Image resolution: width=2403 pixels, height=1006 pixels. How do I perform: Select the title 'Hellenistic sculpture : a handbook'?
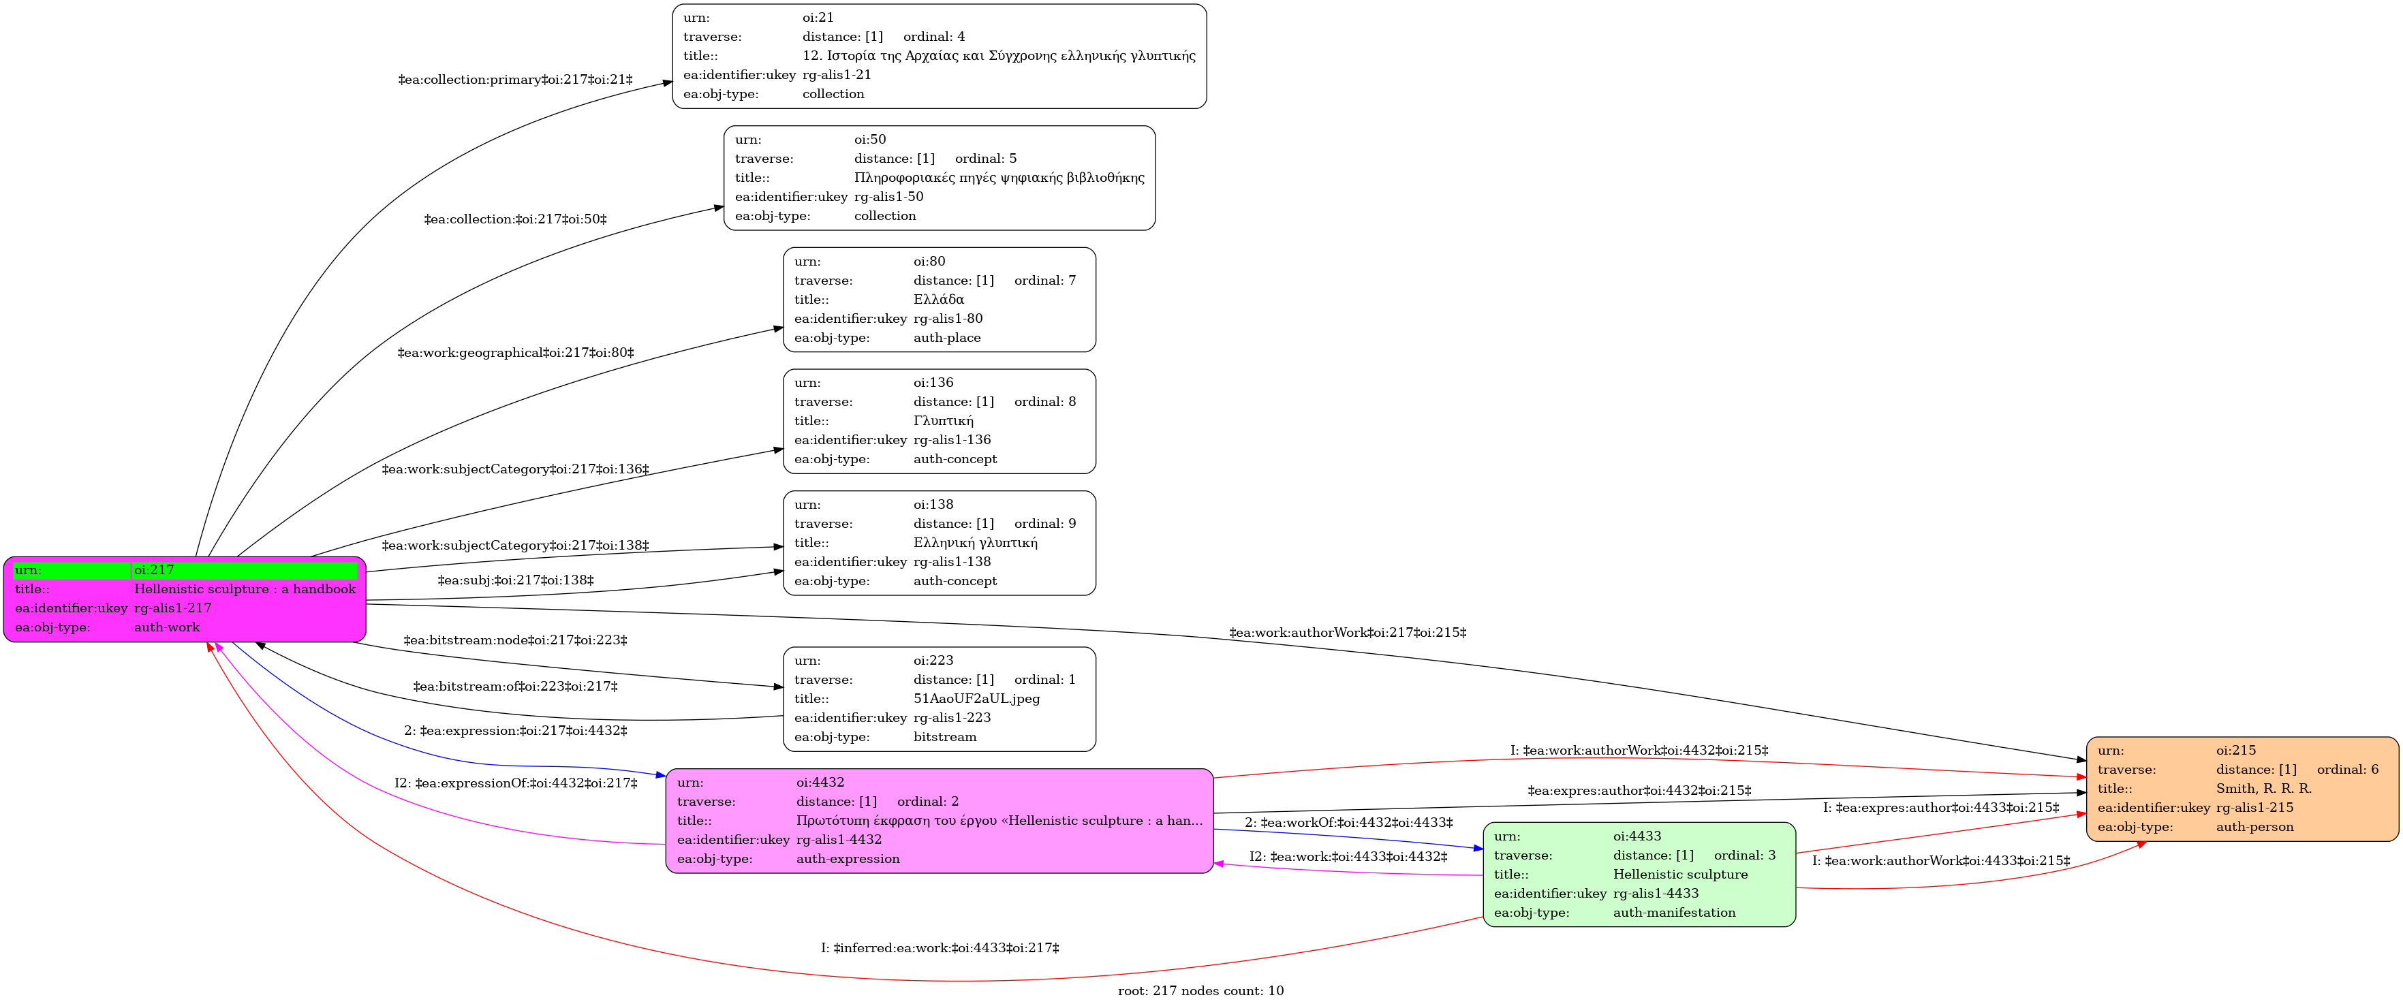point(245,589)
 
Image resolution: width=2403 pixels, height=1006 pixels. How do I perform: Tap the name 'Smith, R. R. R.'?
point(2264,789)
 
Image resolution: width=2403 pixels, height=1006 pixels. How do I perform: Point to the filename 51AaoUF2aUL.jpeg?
point(977,698)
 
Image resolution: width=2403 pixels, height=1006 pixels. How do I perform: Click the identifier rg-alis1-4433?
point(1656,893)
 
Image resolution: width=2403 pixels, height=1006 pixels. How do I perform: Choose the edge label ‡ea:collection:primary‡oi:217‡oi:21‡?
point(515,80)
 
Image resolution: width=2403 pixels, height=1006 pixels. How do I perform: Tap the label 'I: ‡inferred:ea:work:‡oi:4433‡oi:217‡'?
point(940,948)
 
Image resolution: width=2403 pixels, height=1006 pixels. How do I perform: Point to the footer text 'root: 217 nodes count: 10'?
point(1200,991)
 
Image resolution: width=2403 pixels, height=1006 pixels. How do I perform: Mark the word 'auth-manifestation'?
point(1675,913)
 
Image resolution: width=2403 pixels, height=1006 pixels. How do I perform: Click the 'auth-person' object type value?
point(2254,827)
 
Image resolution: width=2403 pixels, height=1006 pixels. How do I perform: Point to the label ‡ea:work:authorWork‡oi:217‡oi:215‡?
point(1348,633)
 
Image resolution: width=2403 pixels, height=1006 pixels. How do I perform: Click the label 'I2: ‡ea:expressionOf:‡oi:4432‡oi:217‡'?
point(516,784)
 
